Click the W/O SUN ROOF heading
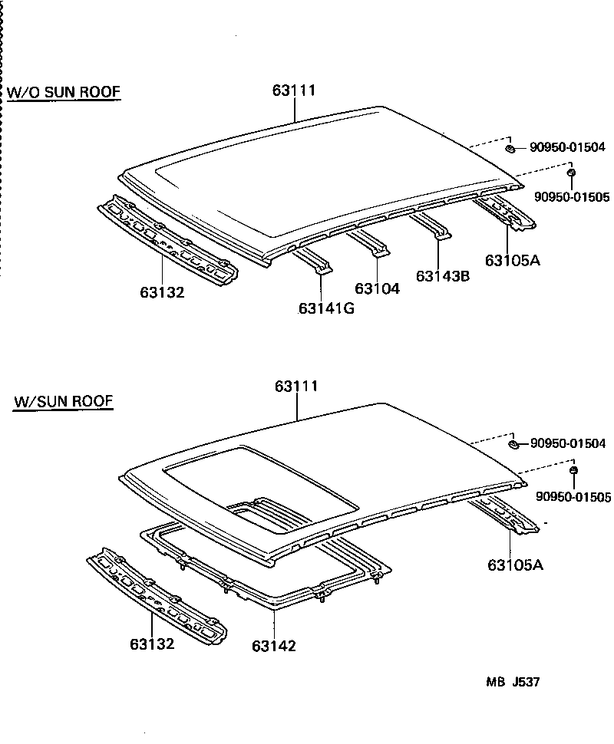click(x=64, y=93)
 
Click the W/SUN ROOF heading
click(x=63, y=401)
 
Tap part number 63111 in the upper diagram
click(x=294, y=91)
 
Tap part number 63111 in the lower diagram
click(x=296, y=387)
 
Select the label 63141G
click(x=327, y=308)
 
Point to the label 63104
click(x=378, y=289)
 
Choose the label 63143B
click(x=443, y=276)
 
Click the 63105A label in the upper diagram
click(x=513, y=260)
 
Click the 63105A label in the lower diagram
click(x=515, y=565)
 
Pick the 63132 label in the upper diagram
click(x=162, y=292)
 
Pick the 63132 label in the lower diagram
click(x=151, y=644)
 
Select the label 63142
click(x=273, y=646)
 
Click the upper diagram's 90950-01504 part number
click(x=567, y=147)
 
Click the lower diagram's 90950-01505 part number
click(x=573, y=498)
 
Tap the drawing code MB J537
click(x=512, y=682)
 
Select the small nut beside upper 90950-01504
click(x=510, y=147)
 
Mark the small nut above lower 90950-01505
click(x=574, y=469)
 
